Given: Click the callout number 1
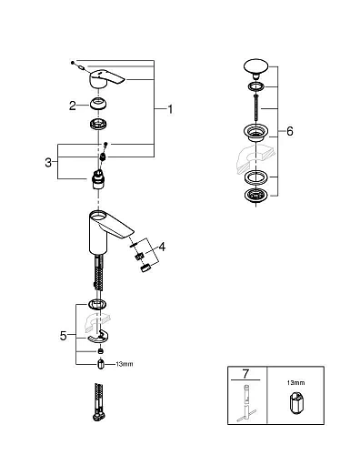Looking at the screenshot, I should tap(169, 110).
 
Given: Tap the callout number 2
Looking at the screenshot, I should tap(72, 105).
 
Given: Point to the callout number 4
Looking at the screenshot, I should tap(162, 246).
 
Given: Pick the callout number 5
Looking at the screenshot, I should tap(65, 335).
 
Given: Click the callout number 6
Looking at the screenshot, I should tap(289, 131).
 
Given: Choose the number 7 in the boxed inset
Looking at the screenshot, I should tap(245, 374).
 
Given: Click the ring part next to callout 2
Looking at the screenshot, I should tap(99, 105).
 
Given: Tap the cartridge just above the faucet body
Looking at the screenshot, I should tap(99, 174).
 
